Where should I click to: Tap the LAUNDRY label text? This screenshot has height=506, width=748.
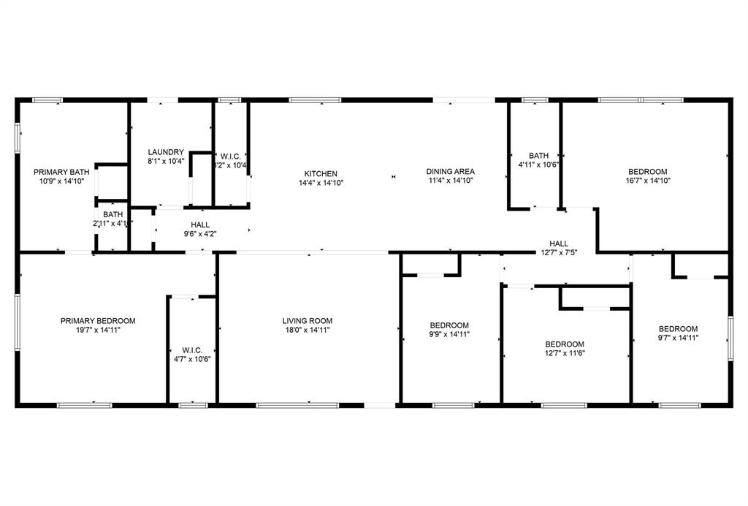click(166, 152)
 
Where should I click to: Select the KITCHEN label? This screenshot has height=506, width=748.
click(321, 173)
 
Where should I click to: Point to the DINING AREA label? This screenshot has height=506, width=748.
click(451, 171)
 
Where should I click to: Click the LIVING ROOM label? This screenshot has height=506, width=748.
click(308, 320)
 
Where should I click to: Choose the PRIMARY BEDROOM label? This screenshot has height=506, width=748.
click(98, 320)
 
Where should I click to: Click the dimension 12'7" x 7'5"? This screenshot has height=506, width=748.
click(559, 253)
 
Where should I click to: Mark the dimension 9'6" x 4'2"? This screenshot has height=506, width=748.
click(200, 234)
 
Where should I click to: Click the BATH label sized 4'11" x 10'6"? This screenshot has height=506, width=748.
click(539, 155)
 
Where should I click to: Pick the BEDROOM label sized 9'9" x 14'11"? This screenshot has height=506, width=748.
click(449, 325)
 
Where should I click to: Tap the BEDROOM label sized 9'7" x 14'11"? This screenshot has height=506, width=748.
click(678, 328)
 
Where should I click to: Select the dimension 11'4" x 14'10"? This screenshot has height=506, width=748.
click(451, 181)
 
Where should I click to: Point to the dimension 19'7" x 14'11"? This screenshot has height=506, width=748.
click(98, 330)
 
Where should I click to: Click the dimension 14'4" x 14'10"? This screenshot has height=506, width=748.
click(321, 183)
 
